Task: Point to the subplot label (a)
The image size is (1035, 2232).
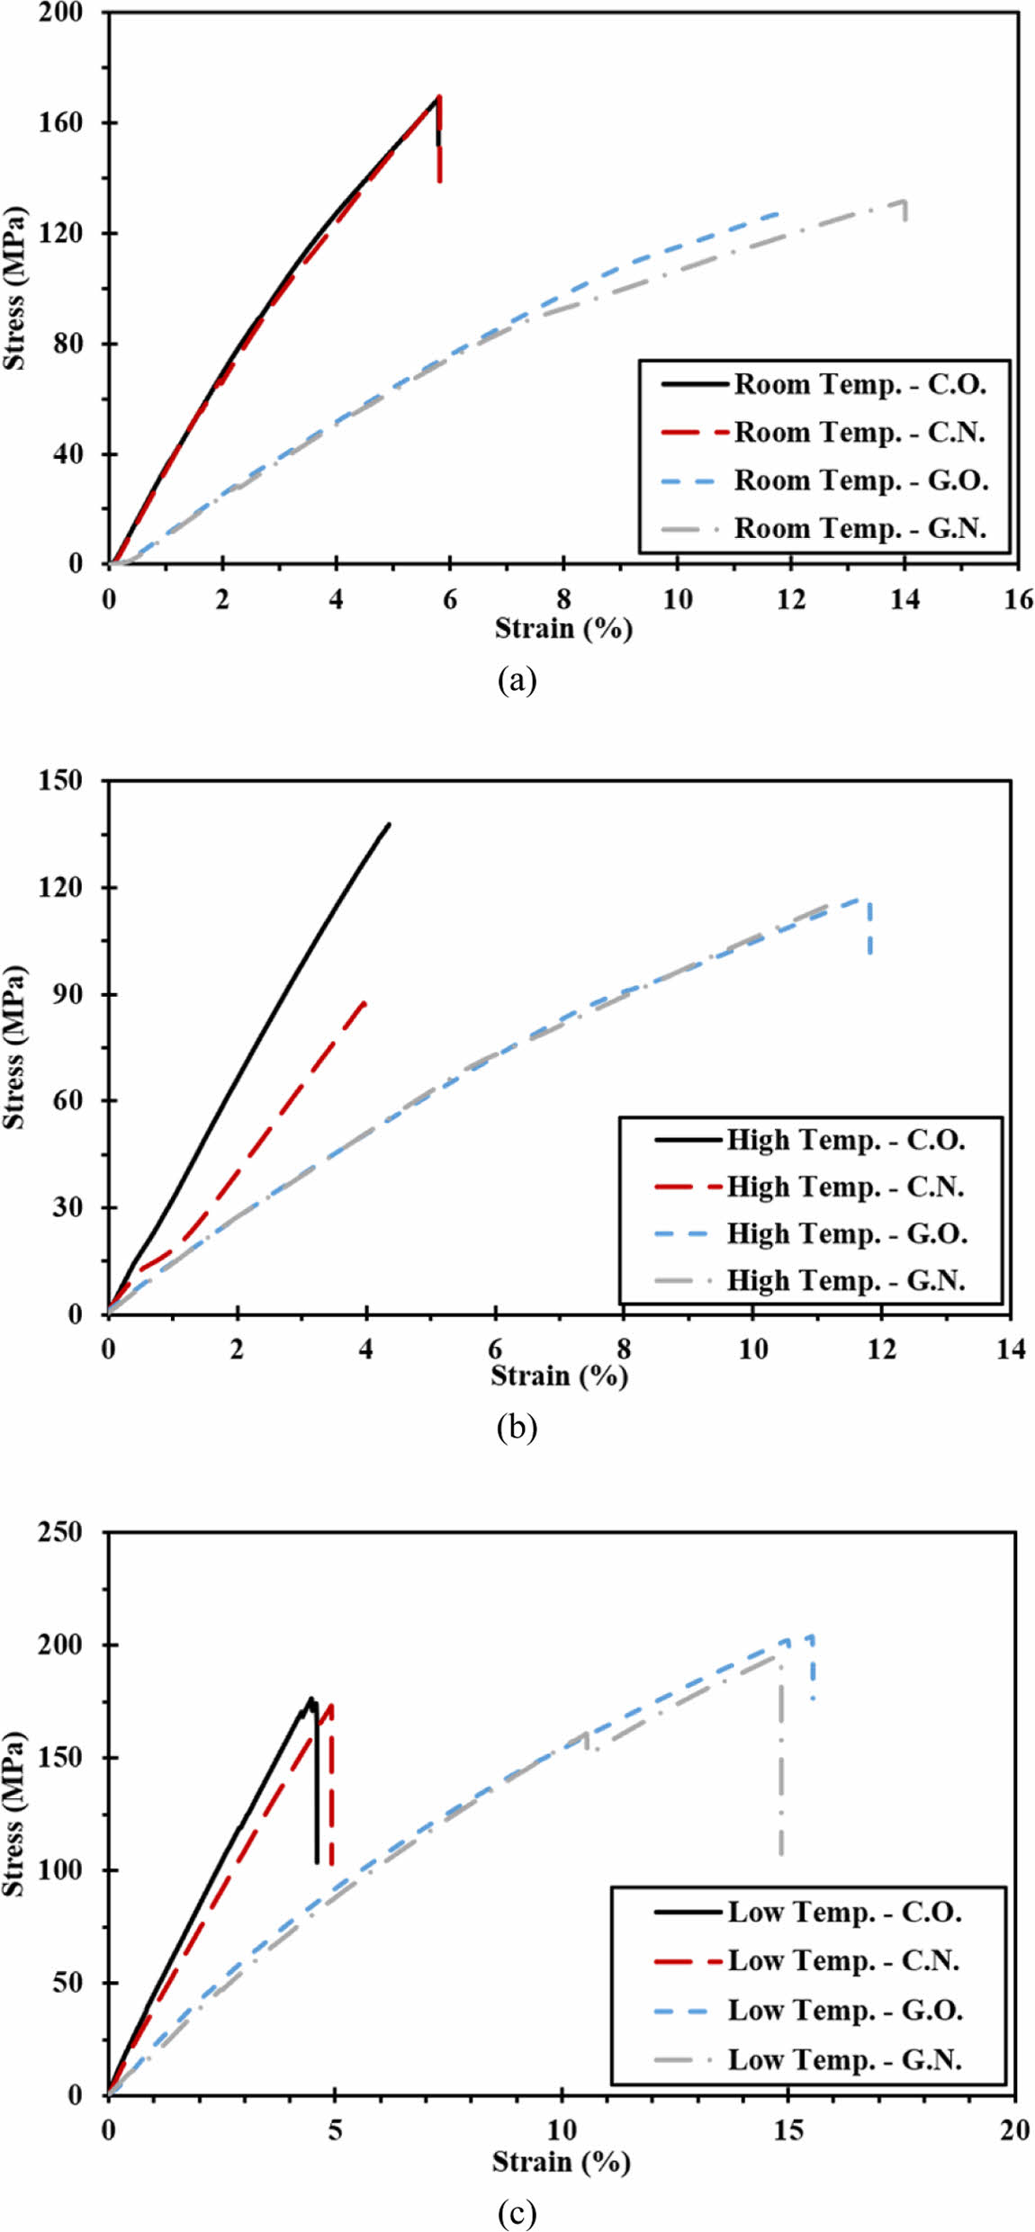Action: point(517,679)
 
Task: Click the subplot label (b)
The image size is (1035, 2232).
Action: point(517,1427)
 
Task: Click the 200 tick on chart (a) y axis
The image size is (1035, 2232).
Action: point(60,13)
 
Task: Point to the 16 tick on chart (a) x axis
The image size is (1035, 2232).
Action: point(1018,600)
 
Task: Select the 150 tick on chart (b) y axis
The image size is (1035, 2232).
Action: point(60,780)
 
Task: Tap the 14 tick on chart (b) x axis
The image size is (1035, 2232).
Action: point(1011,1349)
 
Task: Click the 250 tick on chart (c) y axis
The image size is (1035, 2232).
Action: point(60,1531)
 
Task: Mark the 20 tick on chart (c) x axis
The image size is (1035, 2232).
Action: point(1014,2129)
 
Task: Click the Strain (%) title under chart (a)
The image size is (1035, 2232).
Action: point(563,628)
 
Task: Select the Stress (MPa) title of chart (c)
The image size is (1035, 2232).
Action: point(14,1814)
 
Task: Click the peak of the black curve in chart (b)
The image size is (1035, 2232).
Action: point(389,823)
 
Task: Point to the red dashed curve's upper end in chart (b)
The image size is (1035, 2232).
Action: point(365,1000)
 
